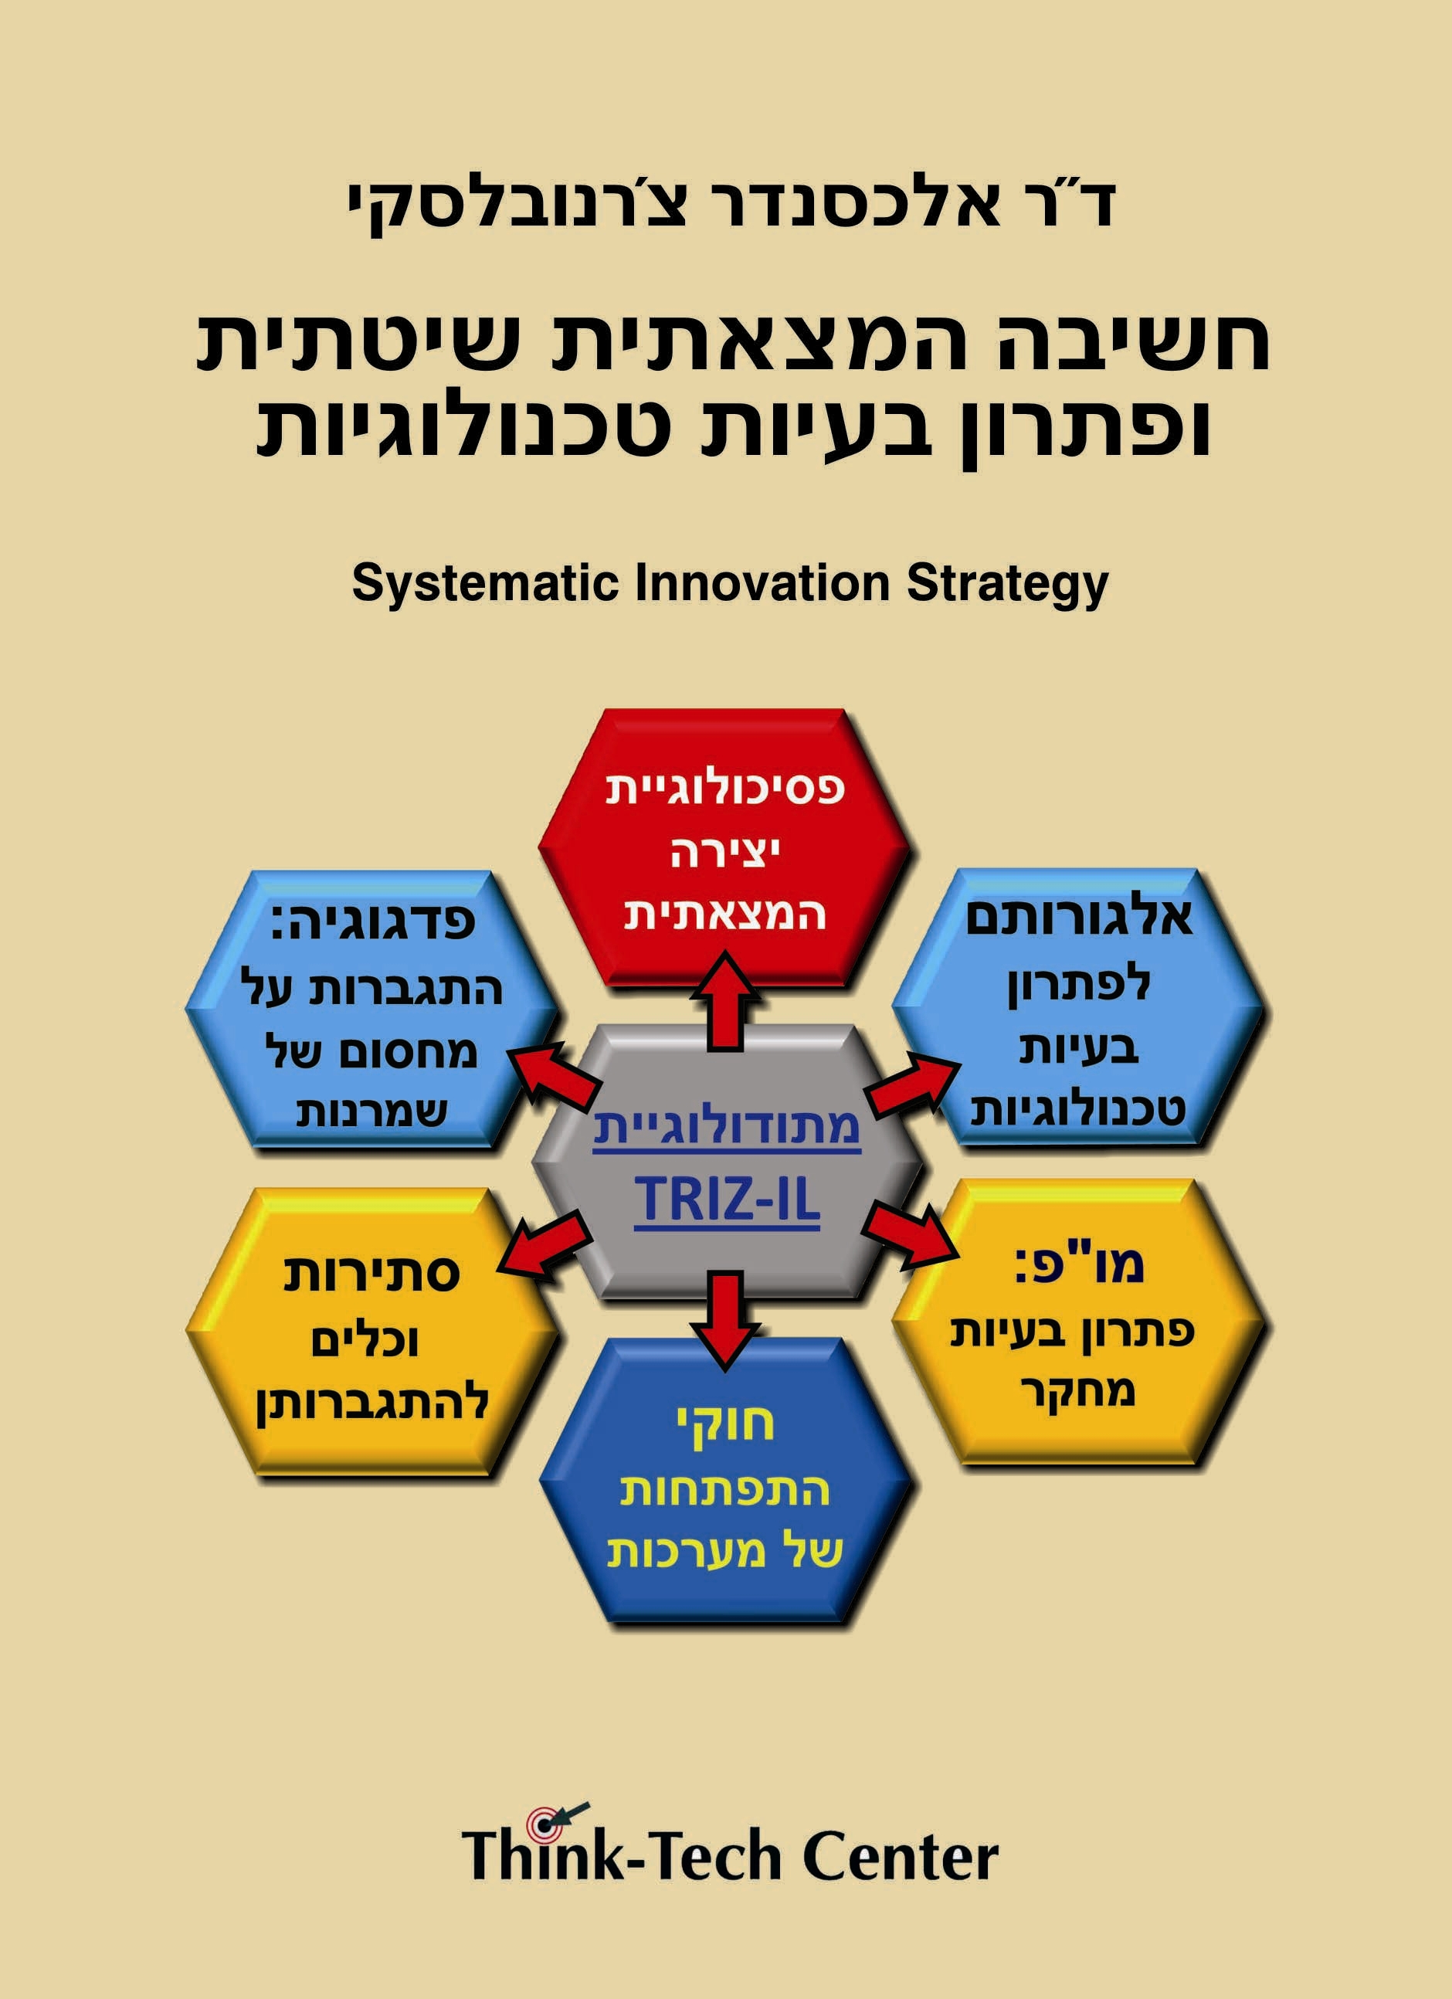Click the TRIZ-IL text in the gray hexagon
tap(727, 1200)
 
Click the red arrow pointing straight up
tap(725, 1000)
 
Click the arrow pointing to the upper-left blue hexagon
tap(553, 1074)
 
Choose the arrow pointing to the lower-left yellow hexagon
tap(544, 1244)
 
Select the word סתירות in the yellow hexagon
tap(371, 1274)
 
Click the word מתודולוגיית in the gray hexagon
tap(726, 1127)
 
